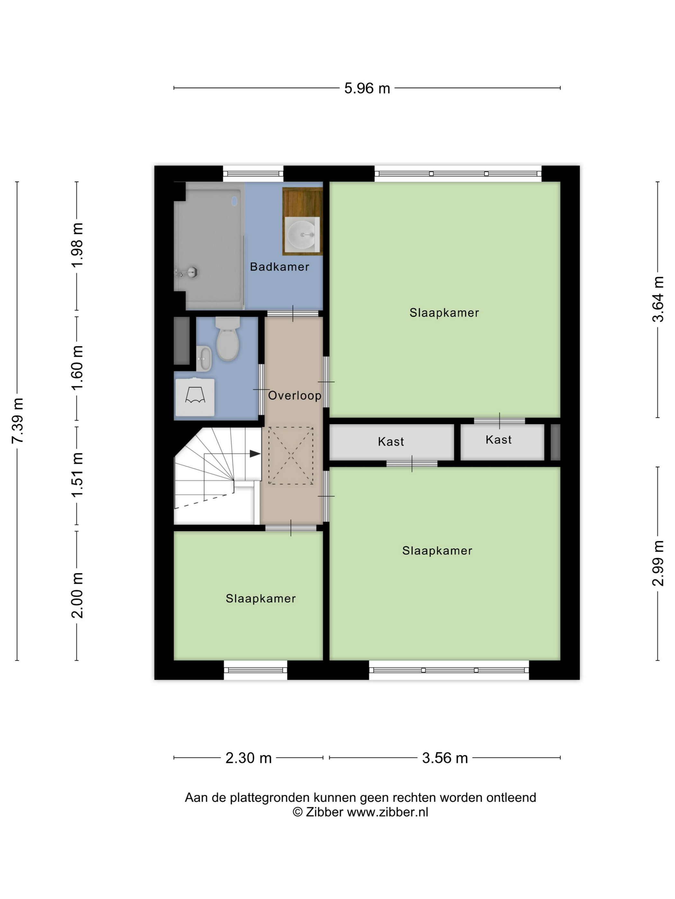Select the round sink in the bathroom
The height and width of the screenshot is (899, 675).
click(x=301, y=234)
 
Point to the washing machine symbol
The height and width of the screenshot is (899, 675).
click(x=195, y=397)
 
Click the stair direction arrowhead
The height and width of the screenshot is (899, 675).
click(x=255, y=454)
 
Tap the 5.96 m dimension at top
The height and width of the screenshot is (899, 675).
click(x=367, y=88)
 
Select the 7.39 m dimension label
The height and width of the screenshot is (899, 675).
click(x=17, y=421)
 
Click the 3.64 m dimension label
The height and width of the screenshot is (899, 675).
click(x=658, y=299)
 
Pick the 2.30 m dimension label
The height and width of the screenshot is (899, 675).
click(x=248, y=758)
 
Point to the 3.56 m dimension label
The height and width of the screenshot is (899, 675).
click(x=445, y=758)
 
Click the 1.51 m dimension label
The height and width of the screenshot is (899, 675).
click(x=77, y=475)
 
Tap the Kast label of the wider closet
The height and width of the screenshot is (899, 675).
click(x=391, y=441)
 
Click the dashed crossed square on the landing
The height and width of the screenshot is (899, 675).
click(x=291, y=455)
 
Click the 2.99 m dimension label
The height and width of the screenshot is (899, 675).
click(x=658, y=563)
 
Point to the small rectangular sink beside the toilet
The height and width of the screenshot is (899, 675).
click(x=204, y=358)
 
